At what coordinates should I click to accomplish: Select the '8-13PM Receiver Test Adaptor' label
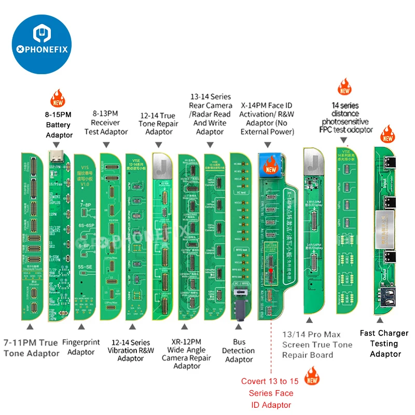tap(109, 122)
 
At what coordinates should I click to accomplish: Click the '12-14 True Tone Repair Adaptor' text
tap(159, 123)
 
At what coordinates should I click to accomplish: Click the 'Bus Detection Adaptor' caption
tap(239, 350)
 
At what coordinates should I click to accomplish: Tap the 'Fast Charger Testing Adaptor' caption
tap(384, 343)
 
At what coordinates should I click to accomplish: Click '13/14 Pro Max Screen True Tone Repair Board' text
tap(317, 344)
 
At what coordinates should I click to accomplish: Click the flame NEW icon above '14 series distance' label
tap(344, 86)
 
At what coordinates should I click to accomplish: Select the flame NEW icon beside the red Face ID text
tap(311, 376)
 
